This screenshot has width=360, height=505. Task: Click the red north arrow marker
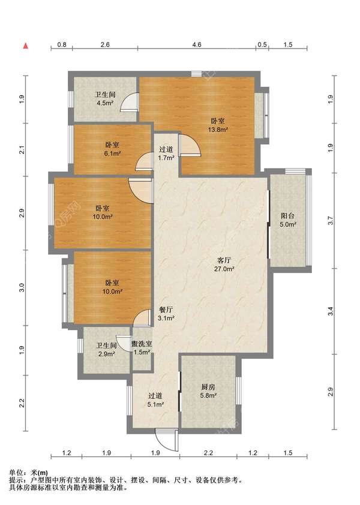point(25,46)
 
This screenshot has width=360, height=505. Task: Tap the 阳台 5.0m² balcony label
point(287,220)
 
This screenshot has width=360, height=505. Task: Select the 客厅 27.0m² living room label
point(224,264)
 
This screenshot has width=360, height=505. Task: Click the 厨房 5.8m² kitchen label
point(208,391)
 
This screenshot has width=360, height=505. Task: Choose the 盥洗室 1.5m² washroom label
point(142,348)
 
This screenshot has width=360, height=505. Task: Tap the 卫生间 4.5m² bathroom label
point(105,99)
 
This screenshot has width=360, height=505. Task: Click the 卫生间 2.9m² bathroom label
point(106,350)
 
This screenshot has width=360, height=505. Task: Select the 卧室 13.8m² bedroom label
point(218,125)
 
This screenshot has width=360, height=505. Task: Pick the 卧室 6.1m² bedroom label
point(112,149)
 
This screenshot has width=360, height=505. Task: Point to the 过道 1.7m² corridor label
point(166,154)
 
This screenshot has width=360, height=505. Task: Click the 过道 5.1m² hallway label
point(155,400)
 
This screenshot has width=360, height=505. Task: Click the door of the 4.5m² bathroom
point(130,102)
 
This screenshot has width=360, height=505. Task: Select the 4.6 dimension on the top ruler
point(197,44)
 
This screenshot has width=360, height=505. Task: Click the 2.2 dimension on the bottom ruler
point(209,453)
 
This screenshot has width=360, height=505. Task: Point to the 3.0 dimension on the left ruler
point(22,288)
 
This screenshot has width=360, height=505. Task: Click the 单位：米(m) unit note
point(28,473)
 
